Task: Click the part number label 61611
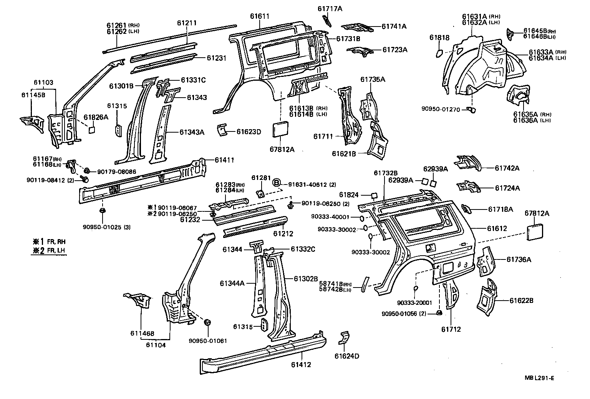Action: [x=259, y=16]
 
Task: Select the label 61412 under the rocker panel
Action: [x=301, y=364]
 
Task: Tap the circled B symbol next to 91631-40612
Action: [x=276, y=183]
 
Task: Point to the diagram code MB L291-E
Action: [x=539, y=378]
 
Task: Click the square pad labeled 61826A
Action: [x=92, y=130]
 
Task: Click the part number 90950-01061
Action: [x=208, y=341]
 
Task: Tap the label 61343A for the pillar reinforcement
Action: [x=192, y=132]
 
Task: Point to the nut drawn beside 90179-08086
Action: [x=87, y=171]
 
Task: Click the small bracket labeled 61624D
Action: [x=343, y=337]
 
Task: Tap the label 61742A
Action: [x=507, y=168]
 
